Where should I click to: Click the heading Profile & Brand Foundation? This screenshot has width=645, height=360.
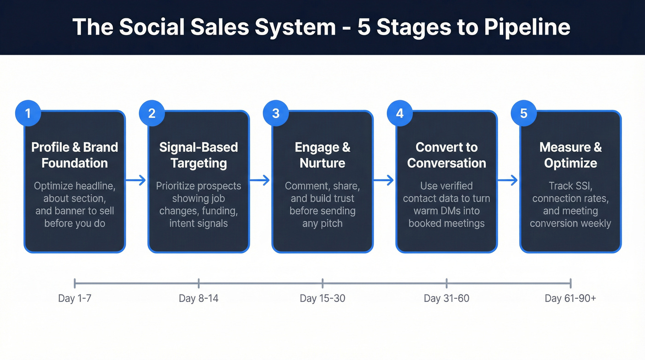[75, 155]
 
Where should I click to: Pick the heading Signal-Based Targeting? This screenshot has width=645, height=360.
[199, 155]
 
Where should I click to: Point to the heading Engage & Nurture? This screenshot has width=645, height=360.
[322, 155]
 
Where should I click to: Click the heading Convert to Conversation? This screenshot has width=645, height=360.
[446, 155]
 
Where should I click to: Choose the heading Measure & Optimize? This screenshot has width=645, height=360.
[570, 155]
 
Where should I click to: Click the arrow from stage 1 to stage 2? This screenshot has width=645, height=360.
[136, 181]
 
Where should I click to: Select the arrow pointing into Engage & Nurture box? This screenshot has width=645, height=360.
[260, 181]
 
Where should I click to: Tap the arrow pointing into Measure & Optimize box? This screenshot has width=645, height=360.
[508, 181]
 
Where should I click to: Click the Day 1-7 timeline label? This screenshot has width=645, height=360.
[75, 298]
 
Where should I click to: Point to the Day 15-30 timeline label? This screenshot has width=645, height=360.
[322, 298]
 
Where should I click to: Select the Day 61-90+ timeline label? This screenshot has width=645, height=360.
[570, 298]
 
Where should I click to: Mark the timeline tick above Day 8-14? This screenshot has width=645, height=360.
[199, 283]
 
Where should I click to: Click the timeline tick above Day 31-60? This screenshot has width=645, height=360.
[446, 283]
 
